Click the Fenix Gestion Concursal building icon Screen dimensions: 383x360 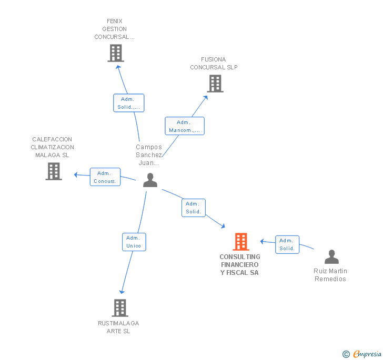pyautogui.click(x=115, y=53)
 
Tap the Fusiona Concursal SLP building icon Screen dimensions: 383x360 pyautogui.click(x=215, y=84)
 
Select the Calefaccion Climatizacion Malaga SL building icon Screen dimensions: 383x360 pyautogui.click(x=54, y=171)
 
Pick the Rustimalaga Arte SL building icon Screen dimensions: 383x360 pyautogui.click(x=120, y=308)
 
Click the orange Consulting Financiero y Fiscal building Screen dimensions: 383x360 pyautogui.click(x=241, y=242)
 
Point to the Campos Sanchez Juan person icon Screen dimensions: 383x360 pyautogui.click(x=150, y=180)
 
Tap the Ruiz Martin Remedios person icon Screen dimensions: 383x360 pyautogui.click(x=331, y=257)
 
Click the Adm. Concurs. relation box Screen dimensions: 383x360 pyautogui.click(x=105, y=177)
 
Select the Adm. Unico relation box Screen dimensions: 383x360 pyautogui.click(x=134, y=242)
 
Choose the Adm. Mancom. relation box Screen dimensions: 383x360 pyautogui.click(x=184, y=126)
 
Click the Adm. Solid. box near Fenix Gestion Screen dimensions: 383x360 pyautogui.click(x=128, y=103)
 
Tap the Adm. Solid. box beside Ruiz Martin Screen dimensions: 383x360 pyautogui.click(x=287, y=244)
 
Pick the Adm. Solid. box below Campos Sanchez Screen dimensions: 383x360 pyautogui.click(x=194, y=208)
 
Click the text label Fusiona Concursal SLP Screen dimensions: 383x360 pyautogui.click(x=214, y=64)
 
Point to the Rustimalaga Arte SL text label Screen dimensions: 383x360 pyautogui.click(x=118, y=327)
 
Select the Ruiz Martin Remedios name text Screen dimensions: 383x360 pyautogui.click(x=330, y=275)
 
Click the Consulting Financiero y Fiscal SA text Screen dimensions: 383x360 pyautogui.click(x=240, y=265)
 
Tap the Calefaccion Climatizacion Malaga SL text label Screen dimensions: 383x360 pyautogui.click(x=52, y=147)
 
